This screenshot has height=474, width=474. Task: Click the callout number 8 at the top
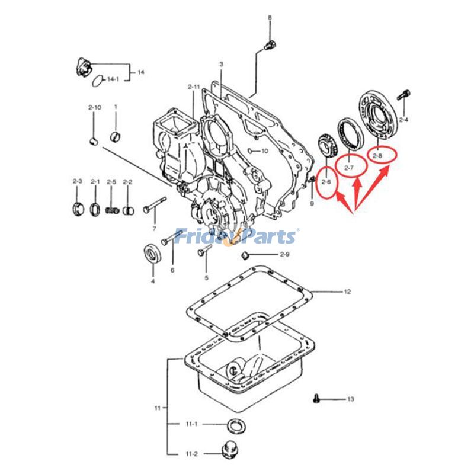click(x=270, y=18)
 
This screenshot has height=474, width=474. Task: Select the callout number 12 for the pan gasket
click(x=348, y=292)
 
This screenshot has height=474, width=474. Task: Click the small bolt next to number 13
click(x=316, y=398)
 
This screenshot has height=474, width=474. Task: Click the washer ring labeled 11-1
click(x=235, y=425)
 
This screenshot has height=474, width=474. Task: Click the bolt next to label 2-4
click(x=405, y=95)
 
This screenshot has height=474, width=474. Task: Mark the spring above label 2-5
click(x=110, y=210)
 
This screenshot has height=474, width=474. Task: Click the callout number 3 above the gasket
click(x=220, y=63)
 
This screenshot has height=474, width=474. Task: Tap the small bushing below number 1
click(x=117, y=139)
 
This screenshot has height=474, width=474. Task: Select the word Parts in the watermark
click(x=267, y=236)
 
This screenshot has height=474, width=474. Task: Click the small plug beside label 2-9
click(x=242, y=255)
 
